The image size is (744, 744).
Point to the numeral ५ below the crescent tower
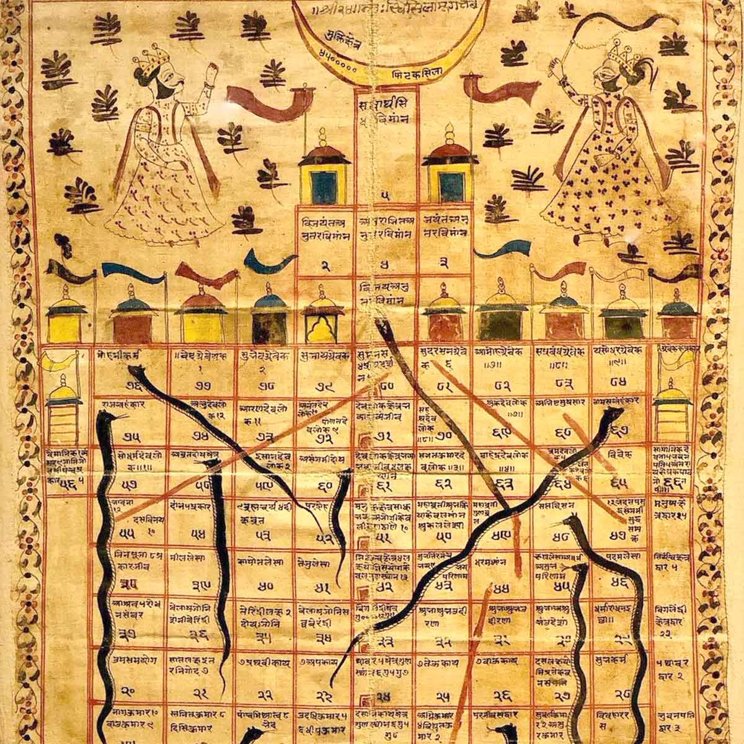[x=386, y=196]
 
